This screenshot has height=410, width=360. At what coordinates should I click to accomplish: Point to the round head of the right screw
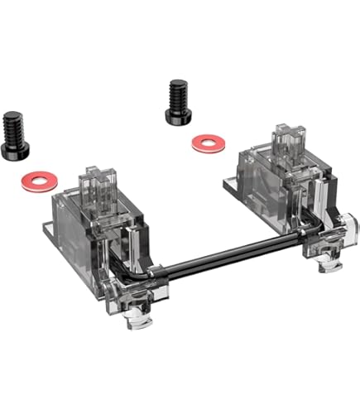[180, 114]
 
